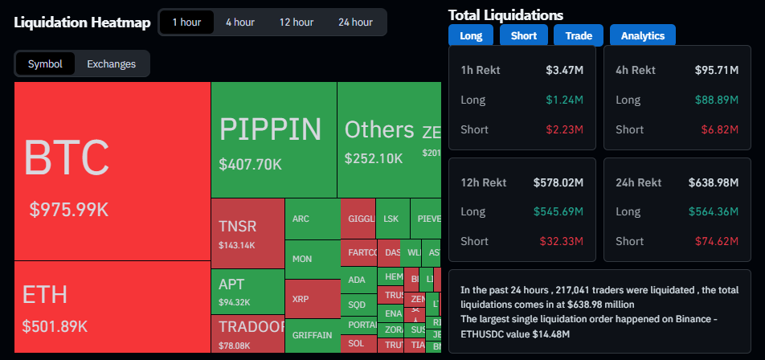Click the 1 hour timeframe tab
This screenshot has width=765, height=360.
[x=186, y=22]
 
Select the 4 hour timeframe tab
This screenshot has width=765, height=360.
[x=240, y=22]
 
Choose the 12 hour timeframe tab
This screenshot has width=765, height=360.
[x=297, y=22]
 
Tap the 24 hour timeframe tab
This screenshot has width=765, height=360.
[x=355, y=22]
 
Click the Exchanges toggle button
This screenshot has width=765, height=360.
[x=112, y=64]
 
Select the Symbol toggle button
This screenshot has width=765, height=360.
[x=45, y=64]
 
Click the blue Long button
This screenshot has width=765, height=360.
[x=471, y=35]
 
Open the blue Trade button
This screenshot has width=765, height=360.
[x=579, y=35]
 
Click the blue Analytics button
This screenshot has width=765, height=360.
[x=643, y=35]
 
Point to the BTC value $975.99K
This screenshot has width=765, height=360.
[x=68, y=210]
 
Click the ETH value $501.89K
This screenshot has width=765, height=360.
[x=55, y=326]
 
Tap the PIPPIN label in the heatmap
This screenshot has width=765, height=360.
[x=270, y=129]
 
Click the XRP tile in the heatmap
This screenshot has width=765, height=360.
[x=301, y=298]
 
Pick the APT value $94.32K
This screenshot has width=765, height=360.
[x=235, y=303]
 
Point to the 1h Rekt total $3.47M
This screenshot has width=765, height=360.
[x=564, y=70]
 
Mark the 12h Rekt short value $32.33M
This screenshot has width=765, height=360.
[x=562, y=241]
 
